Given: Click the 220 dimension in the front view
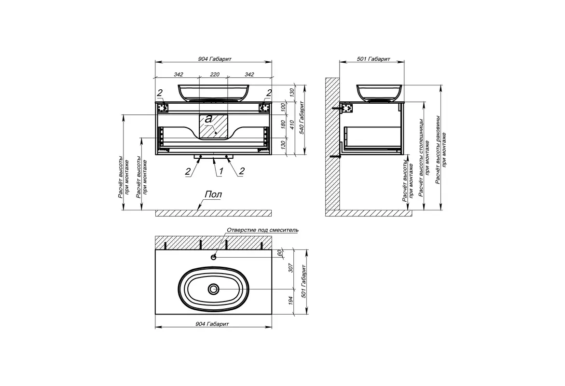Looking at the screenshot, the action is point(214,75).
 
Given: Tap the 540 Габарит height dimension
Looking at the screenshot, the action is point(303,118).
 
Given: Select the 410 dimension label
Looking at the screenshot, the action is point(292,124).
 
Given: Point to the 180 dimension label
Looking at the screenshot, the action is point(283,124).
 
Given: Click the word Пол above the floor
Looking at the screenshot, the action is point(213,194).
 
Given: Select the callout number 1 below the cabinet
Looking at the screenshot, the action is point(221,172).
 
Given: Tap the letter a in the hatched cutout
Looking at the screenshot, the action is point(208,119).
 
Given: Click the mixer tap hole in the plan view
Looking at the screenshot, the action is point(214,257).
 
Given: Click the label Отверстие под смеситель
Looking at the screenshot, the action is point(262,230).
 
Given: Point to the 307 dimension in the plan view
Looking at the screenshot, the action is point(291,268).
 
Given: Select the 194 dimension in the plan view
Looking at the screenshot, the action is point(291,300).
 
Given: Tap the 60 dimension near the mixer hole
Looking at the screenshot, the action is point(279,253).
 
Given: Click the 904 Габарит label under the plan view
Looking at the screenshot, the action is point(212,324).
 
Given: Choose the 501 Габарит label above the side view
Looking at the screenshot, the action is point(373,59).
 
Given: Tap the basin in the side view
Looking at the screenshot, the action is point(379,93).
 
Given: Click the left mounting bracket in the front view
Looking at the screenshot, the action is point(164,108).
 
